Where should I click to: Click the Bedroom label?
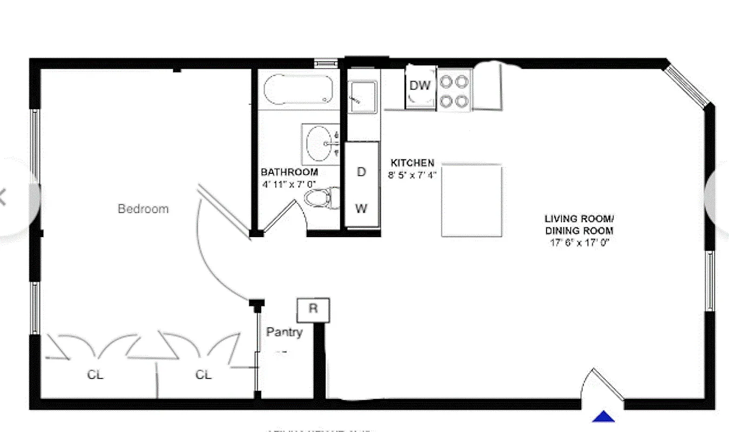[x=143, y=208]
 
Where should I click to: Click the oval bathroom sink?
[x=319, y=144]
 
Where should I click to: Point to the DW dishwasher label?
[x=420, y=85]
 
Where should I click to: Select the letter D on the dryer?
[x=361, y=172]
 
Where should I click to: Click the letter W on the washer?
[x=361, y=208]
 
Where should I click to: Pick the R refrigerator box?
[x=313, y=309]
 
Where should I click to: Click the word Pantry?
[x=284, y=333]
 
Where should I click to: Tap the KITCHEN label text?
[x=412, y=163]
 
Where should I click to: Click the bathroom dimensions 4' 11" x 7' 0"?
[x=289, y=185]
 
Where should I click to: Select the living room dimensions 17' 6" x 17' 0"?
[x=579, y=242]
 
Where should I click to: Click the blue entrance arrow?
[x=604, y=416]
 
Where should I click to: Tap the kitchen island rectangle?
[x=471, y=200]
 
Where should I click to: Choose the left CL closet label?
[x=96, y=375]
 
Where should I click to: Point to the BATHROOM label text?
[x=289, y=172]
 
